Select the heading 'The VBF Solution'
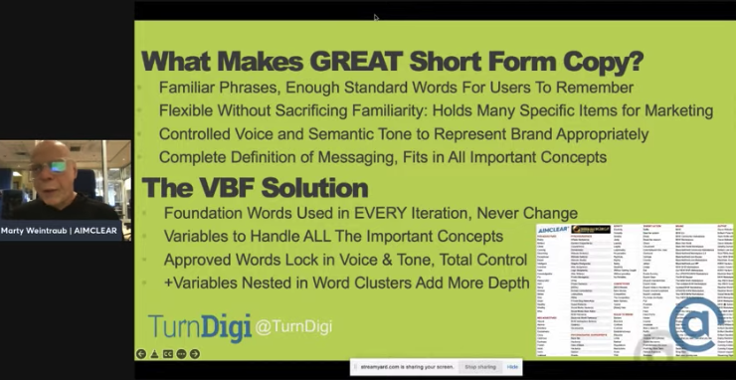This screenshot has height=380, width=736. click(x=255, y=187)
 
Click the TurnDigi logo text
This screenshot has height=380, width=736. click(x=199, y=326)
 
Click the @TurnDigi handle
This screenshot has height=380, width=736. click(x=292, y=327)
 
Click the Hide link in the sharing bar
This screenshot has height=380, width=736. click(x=512, y=367)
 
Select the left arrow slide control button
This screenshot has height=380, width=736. click(x=141, y=354)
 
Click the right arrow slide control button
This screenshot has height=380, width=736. click(x=195, y=354)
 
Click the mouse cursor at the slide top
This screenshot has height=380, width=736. click(x=376, y=17)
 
